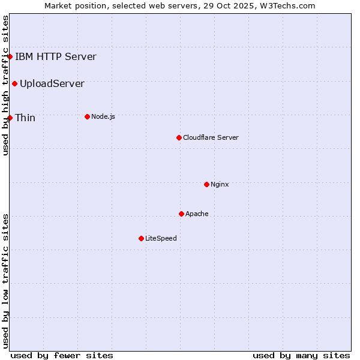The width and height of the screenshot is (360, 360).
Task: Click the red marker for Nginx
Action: click(x=206, y=184)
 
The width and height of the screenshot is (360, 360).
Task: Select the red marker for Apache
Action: click(x=181, y=214)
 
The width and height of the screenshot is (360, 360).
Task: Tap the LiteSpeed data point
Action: click(x=141, y=238)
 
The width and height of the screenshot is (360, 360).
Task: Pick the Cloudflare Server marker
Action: click(x=179, y=137)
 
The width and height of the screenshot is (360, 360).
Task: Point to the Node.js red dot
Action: click(x=87, y=116)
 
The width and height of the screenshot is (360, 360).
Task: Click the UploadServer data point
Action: click(x=14, y=83)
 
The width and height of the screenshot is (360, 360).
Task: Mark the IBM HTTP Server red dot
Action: click(x=10, y=57)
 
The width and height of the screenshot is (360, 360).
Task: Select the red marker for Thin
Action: click(x=10, y=118)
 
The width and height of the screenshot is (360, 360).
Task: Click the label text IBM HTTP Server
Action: click(x=55, y=57)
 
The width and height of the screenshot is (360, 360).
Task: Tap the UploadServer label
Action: click(x=52, y=83)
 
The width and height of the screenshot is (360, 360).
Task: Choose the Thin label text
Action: click(x=25, y=118)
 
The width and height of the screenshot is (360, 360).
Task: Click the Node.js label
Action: click(x=103, y=116)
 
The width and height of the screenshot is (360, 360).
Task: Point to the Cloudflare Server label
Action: click(x=211, y=137)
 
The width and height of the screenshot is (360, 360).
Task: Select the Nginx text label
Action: click(x=220, y=184)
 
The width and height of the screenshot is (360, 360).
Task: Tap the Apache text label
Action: click(x=197, y=214)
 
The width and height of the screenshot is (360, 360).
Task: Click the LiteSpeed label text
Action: click(x=161, y=238)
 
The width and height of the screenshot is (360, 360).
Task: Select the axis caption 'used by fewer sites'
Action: click(x=62, y=355)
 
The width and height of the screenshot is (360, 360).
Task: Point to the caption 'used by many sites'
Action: click(x=301, y=355)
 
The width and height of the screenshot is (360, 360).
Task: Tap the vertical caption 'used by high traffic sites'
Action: click(x=6, y=85)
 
